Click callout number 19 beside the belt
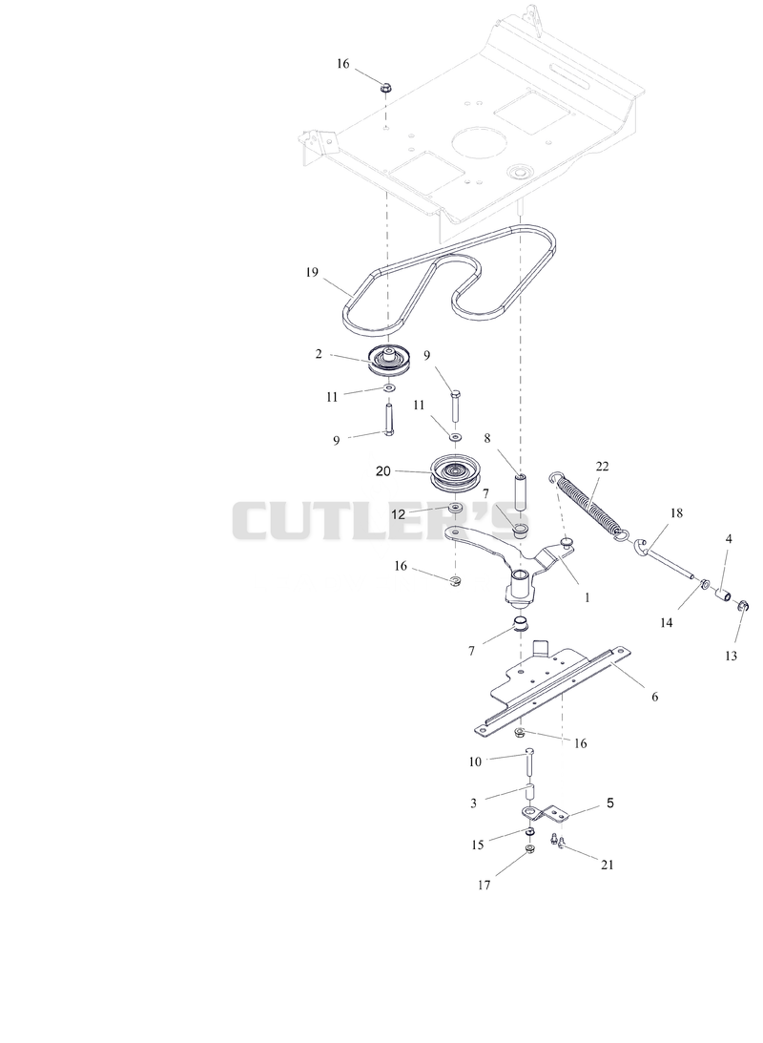point(313,272)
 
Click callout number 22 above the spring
point(602,467)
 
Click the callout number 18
point(676,512)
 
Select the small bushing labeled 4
point(724,592)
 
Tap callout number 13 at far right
point(732,656)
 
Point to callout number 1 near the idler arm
point(587,597)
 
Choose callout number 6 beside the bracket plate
point(654,697)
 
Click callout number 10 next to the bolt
point(475,761)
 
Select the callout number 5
point(610,803)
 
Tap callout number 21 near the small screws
point(608,865)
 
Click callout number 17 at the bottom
point(484,885)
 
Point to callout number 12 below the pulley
point(398,514)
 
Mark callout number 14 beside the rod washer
point(667,622)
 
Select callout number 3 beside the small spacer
point(473,803)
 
